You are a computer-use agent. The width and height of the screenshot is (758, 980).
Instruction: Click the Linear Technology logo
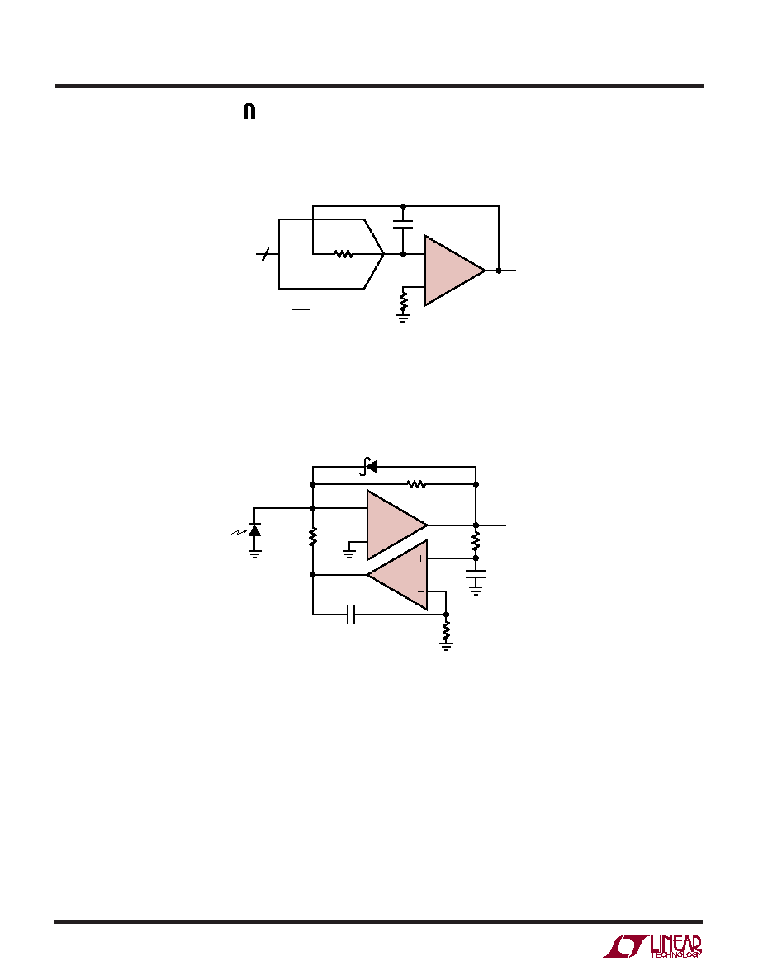pos(652,946)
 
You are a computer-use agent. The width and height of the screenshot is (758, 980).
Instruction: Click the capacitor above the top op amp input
pos(404,224)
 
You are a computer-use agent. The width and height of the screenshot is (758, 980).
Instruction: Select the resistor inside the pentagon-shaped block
pos(344,254)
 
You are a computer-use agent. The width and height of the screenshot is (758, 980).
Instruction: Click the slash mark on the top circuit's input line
pos(266,254)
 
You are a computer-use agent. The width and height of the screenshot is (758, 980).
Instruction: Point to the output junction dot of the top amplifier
pos(499,271)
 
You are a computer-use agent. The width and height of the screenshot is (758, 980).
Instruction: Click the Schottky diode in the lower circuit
pos(369,466)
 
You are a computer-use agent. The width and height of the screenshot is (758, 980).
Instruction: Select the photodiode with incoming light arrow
pos(250,530)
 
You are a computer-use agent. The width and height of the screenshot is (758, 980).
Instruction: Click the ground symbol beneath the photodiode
pos(254,554)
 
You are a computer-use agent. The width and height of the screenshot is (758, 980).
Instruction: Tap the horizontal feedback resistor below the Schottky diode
pos(416,483)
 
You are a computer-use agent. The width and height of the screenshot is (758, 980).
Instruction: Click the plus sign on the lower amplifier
pos(421,558)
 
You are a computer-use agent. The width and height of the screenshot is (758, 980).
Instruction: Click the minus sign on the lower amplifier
pos(421,591)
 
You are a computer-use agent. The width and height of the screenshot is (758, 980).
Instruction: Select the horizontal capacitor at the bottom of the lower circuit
pos(351,615)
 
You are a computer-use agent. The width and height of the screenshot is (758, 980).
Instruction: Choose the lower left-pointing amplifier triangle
pos(398,575)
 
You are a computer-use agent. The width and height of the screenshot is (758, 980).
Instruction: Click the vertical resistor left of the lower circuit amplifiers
pos(313,537)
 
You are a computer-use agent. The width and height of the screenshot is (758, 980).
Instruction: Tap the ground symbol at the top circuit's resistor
pos(404,318)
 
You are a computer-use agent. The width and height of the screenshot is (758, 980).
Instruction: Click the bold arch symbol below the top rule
pos(249,112)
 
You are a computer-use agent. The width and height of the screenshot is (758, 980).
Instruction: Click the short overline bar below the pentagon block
pos(301,309)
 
